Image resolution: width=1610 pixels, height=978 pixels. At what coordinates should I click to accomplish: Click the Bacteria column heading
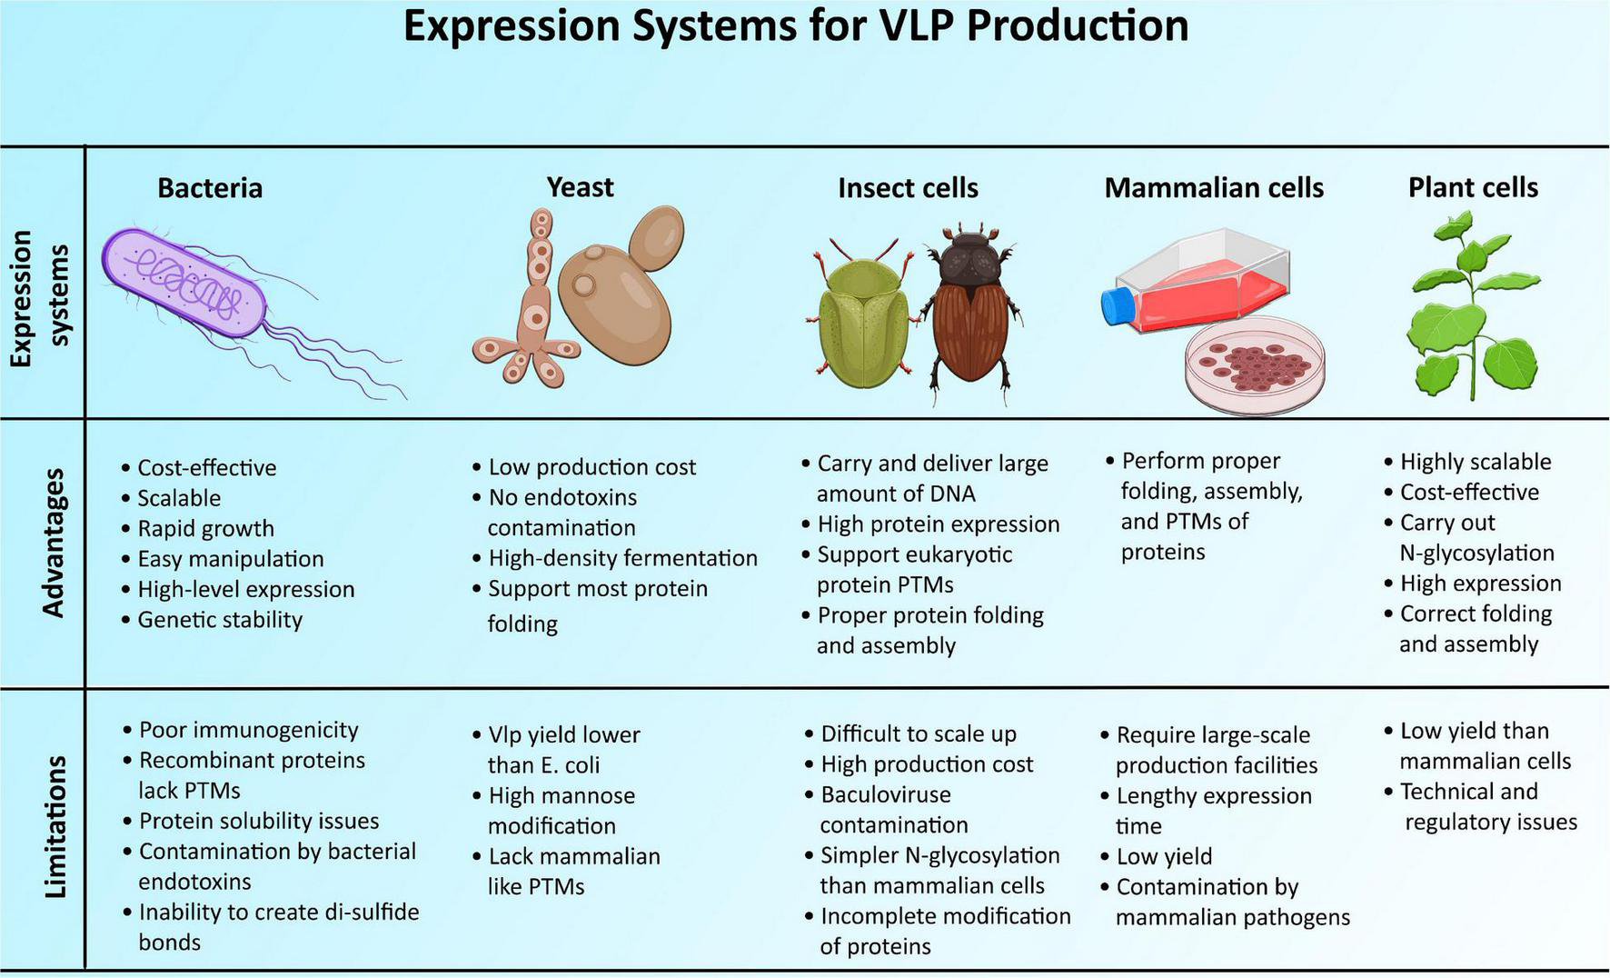click(210, 187)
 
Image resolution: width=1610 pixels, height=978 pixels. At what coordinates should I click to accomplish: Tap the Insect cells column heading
click(908, 187)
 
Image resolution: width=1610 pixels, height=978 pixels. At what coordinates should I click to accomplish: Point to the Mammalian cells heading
click(1214, 187)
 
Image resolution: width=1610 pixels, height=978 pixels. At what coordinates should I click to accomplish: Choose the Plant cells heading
click(1473, 187)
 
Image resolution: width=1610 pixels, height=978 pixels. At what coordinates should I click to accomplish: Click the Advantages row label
click(53, 543)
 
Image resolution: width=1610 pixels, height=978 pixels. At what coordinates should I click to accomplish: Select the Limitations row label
click(55, 826)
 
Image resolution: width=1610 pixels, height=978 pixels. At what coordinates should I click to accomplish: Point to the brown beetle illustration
click(969, 309)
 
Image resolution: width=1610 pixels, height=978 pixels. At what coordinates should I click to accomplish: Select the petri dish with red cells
click(1255, 365)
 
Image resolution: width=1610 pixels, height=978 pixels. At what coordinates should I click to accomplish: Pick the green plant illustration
click(1472, 309)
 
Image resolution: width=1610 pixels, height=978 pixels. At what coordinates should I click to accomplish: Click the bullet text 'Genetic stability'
click(220, 620)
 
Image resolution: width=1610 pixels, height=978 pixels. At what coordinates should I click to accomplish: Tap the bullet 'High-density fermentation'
click(622, 558)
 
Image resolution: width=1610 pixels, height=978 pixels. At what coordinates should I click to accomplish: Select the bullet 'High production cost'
click(927, 764)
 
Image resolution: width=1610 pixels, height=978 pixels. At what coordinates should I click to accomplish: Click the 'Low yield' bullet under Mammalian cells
click(1164, 856)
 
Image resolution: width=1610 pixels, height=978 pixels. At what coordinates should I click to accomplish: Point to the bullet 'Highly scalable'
click(1476, 462)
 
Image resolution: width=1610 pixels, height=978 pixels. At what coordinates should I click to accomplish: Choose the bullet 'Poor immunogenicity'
click(248, 730)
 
